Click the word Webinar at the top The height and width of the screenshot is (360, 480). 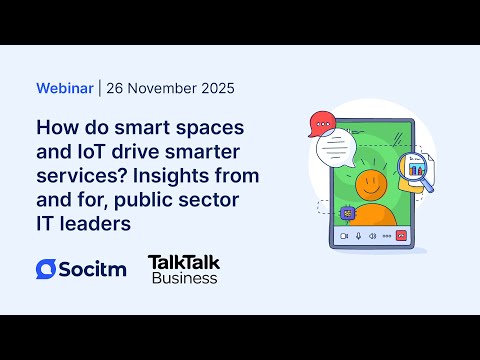point(65,88)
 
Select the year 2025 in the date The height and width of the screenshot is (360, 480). point(214,88)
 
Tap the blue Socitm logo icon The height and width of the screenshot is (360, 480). point(46,268)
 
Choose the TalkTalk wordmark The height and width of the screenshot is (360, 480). point(183,262)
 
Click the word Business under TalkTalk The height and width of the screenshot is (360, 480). point(184,279)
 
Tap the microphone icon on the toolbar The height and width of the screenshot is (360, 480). point(359,237)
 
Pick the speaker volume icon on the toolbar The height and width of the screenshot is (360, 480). point(373,237)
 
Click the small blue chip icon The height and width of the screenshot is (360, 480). point(348,212)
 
